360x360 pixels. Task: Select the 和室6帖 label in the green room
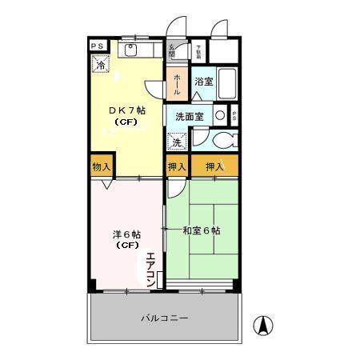click(202, 231)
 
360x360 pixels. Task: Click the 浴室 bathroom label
click(203, 82)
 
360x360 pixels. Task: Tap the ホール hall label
click(177, 82)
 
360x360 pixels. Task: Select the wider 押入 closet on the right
click(214, 166)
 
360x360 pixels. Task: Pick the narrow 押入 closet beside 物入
click(177, 166)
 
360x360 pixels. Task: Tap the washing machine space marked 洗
click(176, 142)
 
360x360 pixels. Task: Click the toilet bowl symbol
click(223, 141)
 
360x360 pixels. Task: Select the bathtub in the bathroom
click(227, 82)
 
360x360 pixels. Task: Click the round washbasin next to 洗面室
click(219, 115)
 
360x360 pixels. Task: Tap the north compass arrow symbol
click(261, 326)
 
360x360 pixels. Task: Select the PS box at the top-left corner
click(96, 46)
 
